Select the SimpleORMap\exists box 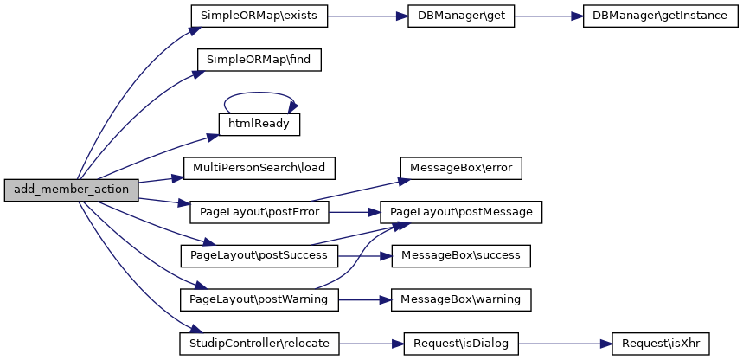259,16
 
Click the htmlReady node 259,124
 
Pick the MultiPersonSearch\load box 259,167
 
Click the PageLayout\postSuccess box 259,255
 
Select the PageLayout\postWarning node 259,299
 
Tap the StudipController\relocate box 259,344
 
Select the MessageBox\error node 461,167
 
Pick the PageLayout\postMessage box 462,211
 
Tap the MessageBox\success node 461,255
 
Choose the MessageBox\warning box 461,299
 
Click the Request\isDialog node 461,344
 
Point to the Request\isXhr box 660,344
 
